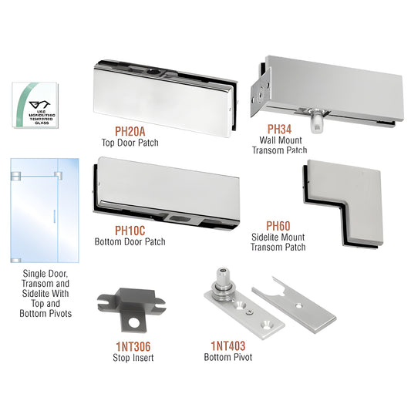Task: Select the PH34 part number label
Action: pyautogui.click(x=279, y=128)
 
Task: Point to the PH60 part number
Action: pyautogui.click(x=279, y=226)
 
